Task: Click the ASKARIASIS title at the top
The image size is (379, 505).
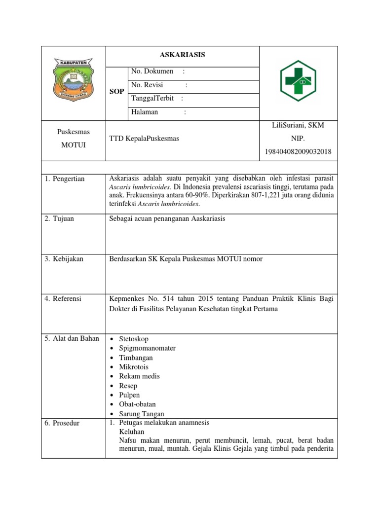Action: (182, 55)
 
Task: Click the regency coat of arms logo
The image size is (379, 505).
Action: (73, 79)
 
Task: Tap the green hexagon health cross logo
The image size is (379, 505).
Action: (298, 81)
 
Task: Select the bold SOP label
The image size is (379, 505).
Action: (117, 92)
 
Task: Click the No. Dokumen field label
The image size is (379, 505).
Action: (152, 72)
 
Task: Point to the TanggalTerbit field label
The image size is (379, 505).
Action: (152, 98)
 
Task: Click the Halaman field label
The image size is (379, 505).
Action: (145, 112)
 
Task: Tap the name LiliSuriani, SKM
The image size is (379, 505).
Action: (298, 125)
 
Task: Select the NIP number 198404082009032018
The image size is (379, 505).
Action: (298, 151)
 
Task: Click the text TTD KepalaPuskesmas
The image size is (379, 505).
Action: (144, 139)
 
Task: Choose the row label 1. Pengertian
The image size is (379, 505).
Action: (65, 179)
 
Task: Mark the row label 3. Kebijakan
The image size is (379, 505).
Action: (64, 259)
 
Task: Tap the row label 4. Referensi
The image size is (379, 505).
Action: (64, 298)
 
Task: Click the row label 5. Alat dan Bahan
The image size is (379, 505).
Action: (72, 338)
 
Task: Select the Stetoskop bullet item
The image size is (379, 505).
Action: (133, 339)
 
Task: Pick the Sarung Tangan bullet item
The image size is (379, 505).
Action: (141, 414)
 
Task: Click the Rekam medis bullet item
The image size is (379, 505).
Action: (139, 376)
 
